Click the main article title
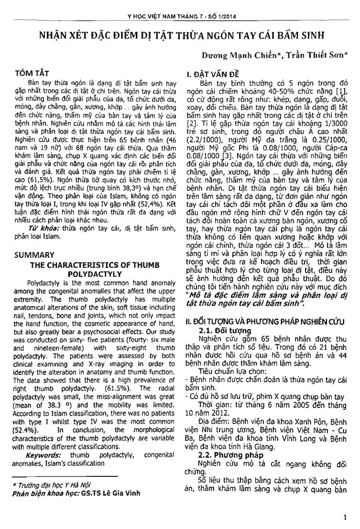(x=179, y=36)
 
